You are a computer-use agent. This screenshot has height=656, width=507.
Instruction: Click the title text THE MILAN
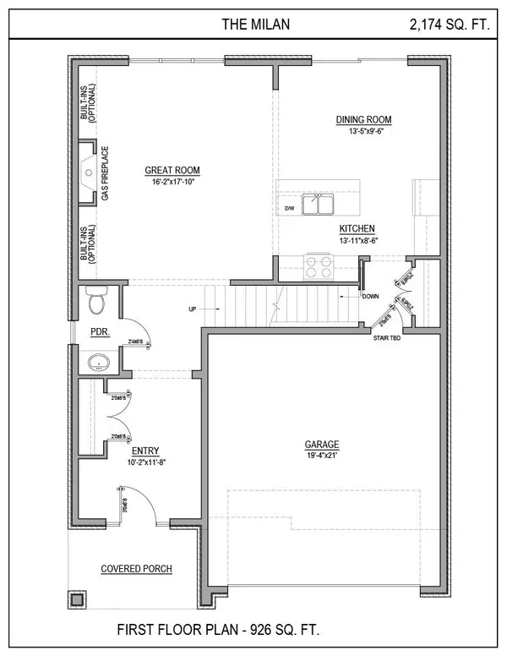255,25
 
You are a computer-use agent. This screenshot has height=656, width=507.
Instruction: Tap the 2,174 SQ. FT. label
448,25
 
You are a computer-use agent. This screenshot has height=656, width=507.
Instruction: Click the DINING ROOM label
363,119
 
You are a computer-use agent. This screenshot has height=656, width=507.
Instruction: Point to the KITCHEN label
357,229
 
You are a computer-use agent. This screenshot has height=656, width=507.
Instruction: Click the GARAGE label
322,444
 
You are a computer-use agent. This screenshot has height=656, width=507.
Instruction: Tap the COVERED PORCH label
136,569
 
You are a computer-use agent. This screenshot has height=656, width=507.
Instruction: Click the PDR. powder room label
100,332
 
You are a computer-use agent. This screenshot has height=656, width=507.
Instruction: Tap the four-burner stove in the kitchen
318,267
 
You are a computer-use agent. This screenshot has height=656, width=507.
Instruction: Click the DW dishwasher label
288,207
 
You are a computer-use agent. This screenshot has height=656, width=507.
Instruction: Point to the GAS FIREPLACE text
106,173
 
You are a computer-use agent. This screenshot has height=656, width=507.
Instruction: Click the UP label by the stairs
193,309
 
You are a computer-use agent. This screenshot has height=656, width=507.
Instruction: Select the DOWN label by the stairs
371,297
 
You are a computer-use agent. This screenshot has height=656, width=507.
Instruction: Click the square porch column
78,599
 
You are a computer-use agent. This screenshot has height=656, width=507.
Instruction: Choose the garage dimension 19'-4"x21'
322,456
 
